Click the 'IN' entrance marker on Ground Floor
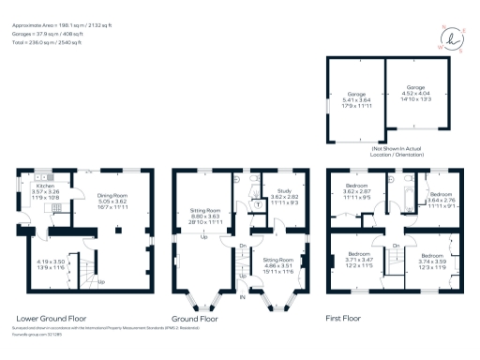click(x=244, y=297)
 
